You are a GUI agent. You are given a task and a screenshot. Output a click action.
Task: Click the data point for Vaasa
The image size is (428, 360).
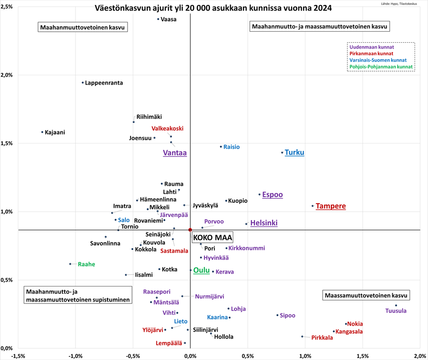pos(158,19)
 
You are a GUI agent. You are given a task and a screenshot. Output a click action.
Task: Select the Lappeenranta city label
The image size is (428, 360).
pos(104,83)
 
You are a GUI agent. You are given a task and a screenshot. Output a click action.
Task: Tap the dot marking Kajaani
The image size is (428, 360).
pos(42,132)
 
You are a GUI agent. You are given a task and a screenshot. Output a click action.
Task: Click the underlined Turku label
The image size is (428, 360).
pos(294,152)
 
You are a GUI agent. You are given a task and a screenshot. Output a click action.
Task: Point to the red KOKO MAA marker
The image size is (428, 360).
pos(190,230)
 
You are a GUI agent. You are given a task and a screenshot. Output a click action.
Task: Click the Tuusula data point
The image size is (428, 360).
pos(396,306)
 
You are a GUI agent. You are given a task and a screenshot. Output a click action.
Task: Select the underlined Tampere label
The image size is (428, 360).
pos(330,206)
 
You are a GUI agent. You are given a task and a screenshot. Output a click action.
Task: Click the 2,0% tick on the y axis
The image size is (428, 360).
pos(6,75)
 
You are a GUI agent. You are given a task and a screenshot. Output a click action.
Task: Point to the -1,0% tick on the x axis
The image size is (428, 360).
pos(75,356)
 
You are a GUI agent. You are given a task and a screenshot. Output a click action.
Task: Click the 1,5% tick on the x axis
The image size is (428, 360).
pos(362,356)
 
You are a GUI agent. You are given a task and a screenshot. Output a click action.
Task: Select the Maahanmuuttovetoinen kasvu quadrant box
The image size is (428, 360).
pos(82,28)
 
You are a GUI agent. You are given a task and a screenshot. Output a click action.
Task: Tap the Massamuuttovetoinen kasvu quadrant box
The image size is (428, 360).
pos(366,295)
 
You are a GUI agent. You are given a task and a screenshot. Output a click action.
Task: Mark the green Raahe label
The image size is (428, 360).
pos(86,264)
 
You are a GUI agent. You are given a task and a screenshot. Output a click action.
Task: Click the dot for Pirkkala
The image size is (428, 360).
pos(302,336)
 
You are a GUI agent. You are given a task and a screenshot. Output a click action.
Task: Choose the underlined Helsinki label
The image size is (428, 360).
pos(264,223)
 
